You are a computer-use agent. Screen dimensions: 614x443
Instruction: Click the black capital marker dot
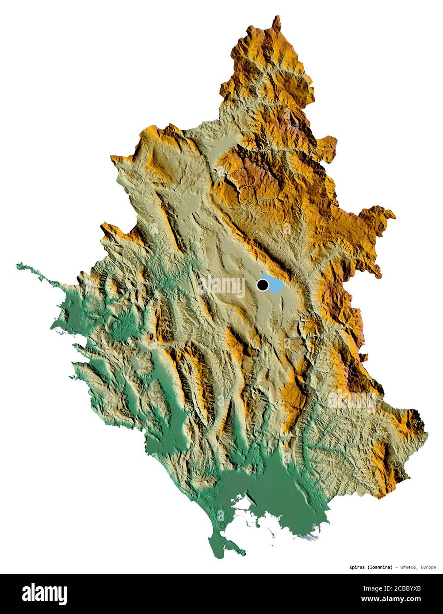[x=263, y=285]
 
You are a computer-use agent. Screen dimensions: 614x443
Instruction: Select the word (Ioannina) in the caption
[x=379, y=567]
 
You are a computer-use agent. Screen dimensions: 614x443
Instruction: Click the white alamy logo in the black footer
[x=44, y=593]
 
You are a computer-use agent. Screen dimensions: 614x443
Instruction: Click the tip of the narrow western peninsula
[x=18, y=265]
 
